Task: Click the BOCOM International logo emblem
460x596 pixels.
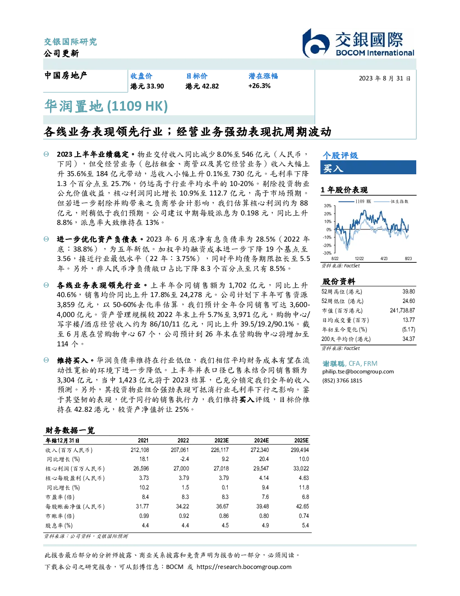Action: [x=316, y=43]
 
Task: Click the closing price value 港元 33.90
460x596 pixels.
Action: [x=147, y=86]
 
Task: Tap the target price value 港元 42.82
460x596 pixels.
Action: [x=202, y=86]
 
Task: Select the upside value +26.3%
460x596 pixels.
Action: [x=259, y=86]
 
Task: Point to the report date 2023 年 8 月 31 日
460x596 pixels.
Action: [x=385, y=79]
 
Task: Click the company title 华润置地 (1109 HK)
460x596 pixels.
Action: [x=106, y=106]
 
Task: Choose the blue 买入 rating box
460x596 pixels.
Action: [x=368, y=168]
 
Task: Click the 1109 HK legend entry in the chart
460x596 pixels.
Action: [x=355, y=201]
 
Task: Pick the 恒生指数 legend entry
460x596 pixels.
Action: [x=391, y=201]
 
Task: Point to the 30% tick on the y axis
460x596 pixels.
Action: [x=328, y=206]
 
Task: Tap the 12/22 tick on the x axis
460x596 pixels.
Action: [x=359, y=259]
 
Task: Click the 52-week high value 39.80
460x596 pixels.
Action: [x=409, y=292]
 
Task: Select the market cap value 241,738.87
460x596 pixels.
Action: [x=402, y=311]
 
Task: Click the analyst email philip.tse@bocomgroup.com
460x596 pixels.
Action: [x=358, y=372]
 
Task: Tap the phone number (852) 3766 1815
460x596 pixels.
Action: [x=342, y=381]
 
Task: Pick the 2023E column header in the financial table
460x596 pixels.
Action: [x=221, y=441]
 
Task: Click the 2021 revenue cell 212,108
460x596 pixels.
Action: [x=140, y=450]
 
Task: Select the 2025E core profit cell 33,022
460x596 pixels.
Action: [x=301, y=469]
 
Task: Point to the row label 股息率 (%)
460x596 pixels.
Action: [x=59, y=526]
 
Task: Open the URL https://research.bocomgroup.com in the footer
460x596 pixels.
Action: [x=244, y=567]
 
